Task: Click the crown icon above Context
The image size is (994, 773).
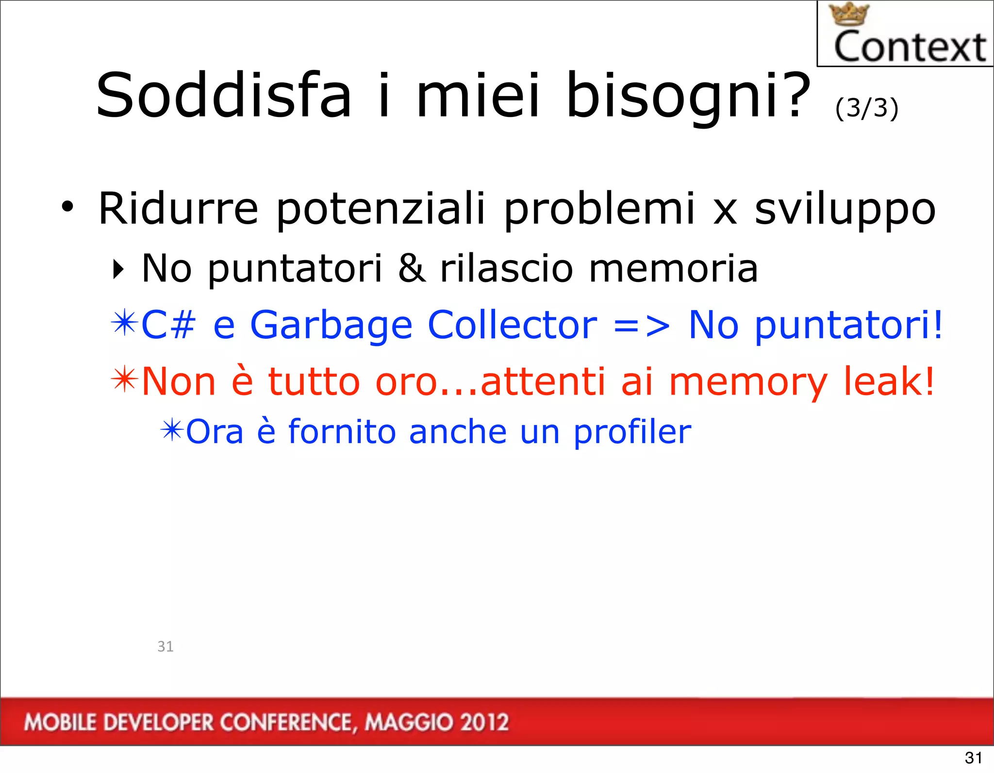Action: [x=848, y=14]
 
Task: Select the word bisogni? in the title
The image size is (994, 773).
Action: [x=688, y=96]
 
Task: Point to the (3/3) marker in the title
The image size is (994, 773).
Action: [x=867, y=108]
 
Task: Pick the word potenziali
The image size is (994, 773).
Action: [x=381, y=210]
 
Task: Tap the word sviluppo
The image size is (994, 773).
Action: [x=845, y=210]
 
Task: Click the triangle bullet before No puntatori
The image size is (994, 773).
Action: [x=118, y=269]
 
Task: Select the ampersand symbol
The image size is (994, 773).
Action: [x=412, y=268]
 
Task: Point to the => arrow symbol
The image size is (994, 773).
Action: [x=642, y=326]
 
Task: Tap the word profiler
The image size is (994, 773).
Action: [x=632, y=432]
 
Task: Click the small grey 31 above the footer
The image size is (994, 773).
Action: [x=166, y=646]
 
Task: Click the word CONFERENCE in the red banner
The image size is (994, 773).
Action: [x=286, y=723]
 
